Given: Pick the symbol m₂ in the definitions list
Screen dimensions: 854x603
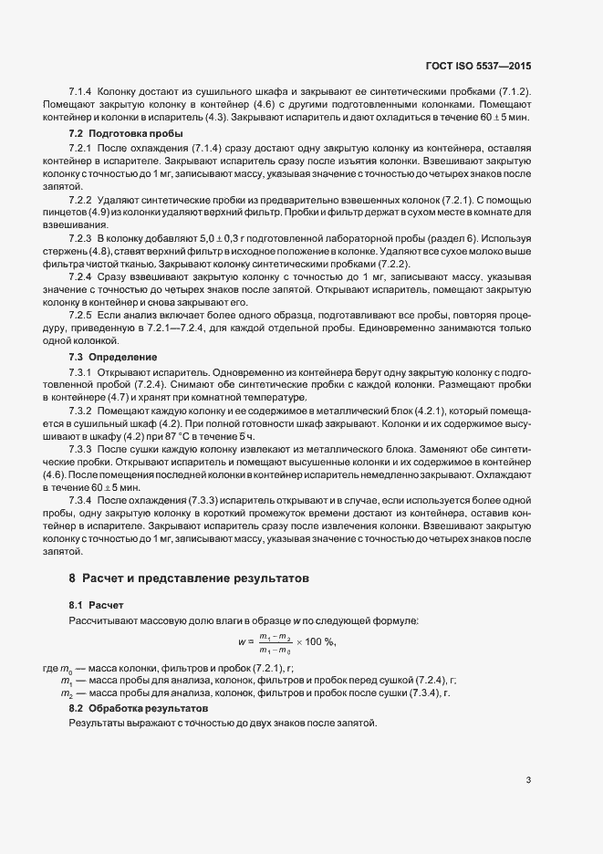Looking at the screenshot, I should pos(67,694).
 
